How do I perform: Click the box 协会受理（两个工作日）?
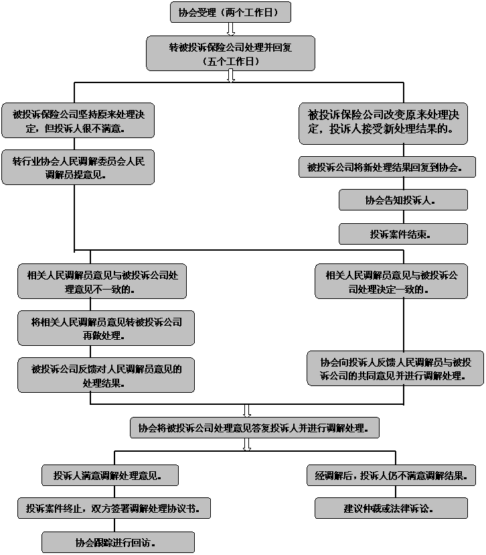[x=230, y=12]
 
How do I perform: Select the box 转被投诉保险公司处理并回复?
[x=230, y=54]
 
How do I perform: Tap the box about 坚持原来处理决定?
[x=78, y=121]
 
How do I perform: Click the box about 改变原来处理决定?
[x=383, y=123]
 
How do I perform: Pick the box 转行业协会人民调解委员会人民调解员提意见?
[x=78, y=168]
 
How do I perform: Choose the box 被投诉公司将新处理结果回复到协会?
[x=387, y=167]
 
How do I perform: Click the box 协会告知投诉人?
[x=403, y=200]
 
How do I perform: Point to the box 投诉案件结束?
[x=403, y=234]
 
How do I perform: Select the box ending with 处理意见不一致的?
[x=102, y=282]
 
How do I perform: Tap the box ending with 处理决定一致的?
[x=391, y=282]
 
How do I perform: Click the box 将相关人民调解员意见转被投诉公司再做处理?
[x=106, y=328]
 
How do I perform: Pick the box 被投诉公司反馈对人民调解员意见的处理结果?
[x=106, y=375]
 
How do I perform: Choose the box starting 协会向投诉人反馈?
[x=395, y=369]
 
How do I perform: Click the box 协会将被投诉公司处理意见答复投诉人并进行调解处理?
[x=254, y=428]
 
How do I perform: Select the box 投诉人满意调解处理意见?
[x=110, y=475]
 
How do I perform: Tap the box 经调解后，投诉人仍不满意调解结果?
[x=391, y=475]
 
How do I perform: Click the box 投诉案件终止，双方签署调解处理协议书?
[x=114, y=508]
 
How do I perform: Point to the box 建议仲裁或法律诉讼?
[x=391, y=508]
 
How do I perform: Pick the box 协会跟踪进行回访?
[x=118, y=542]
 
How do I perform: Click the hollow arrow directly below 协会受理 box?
[x=231, y=29]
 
